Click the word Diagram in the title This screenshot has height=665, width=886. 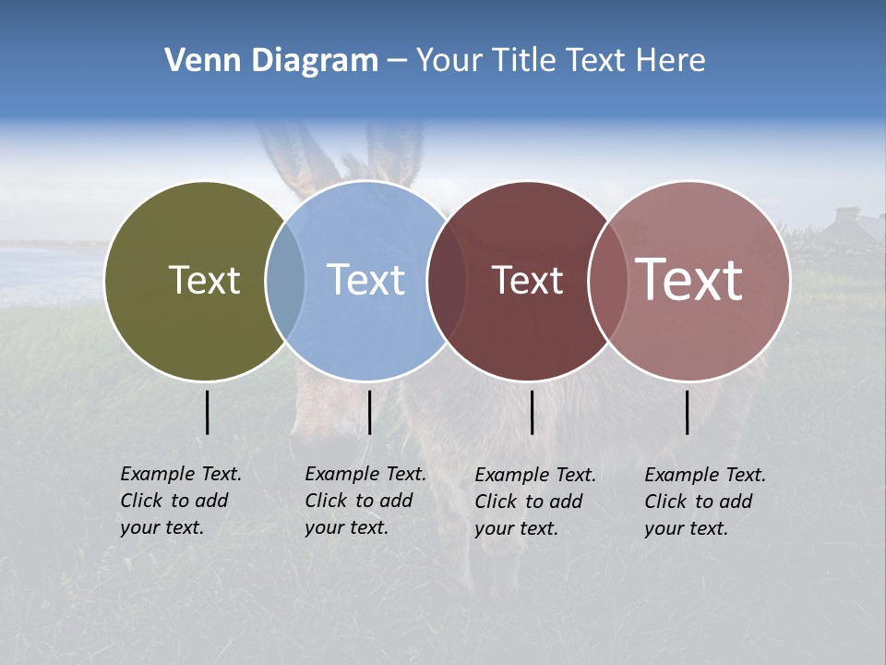click(315, 61)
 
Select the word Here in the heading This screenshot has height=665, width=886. click(671, 61)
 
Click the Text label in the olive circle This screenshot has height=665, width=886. click(204, 280)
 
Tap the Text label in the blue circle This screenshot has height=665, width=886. click(366, 280)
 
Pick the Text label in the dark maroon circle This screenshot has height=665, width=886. click(527, 281)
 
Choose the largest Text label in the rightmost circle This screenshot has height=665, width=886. click(689, 279)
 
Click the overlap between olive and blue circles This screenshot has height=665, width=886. click(285, 281)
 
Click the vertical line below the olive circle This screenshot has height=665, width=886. click(207, 412)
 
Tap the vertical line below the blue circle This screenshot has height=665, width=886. click(369, 412)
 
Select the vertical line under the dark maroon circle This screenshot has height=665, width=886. click(532, 412)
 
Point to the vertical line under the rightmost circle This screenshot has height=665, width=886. click(687, 412)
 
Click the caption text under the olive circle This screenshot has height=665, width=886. click(180, 501)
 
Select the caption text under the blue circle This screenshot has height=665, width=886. click(365, 501)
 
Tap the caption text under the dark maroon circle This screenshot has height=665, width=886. click(534, 502)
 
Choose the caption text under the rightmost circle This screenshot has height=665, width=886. click(704, 502)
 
